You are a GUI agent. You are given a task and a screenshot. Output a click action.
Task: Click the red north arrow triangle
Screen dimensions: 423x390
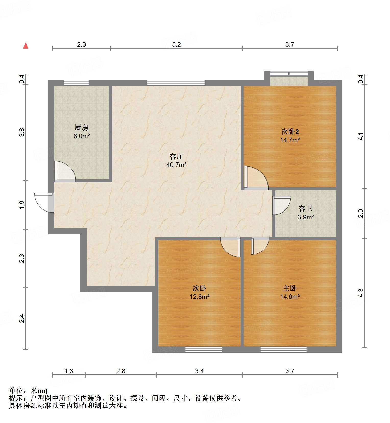pyautogui.click(x=26, y=46)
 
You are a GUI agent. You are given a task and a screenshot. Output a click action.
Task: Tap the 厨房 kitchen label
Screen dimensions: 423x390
pyautogui.click(x=81, y=127)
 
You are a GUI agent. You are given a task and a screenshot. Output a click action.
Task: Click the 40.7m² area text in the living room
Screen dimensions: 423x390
pyautogui.click(x=176, y=165)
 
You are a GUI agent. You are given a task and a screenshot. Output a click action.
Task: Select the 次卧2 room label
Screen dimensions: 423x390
pyautogui.click(x=290, y=132)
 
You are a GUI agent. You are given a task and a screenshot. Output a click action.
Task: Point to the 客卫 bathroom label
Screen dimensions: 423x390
pyautogui.click(x=306, y=209)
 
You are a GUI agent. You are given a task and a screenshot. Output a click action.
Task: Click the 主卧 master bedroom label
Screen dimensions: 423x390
pyautogui.click(x=290, y=288)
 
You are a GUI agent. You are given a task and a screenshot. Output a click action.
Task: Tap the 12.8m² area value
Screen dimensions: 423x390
pyautogui.click(x=199, y=297)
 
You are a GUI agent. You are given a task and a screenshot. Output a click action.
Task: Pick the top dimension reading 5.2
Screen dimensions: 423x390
pyautogui.click(x=176, y=45)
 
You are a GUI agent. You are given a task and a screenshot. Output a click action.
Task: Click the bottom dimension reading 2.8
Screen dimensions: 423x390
pyautogui.click(x=121, y=371)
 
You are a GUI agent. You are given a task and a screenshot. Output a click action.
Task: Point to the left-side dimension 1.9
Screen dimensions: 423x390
pyautogui.click(x=22, y=205)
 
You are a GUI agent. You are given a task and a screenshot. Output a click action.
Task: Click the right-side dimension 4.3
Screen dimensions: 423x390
pyautogui.click(x=361, y=293)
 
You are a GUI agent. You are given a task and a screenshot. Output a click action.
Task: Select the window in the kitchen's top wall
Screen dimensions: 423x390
pyautogui.click(x=76, y=83)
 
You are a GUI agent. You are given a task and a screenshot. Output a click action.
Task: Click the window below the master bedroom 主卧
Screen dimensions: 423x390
pyautogui.click(x=283, y=349)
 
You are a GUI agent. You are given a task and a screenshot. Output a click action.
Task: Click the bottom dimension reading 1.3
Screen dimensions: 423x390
pyautogui.click(x=69, y=371)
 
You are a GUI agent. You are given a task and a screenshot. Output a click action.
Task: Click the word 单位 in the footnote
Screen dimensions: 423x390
pyautogui.click(x=16, y=391)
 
